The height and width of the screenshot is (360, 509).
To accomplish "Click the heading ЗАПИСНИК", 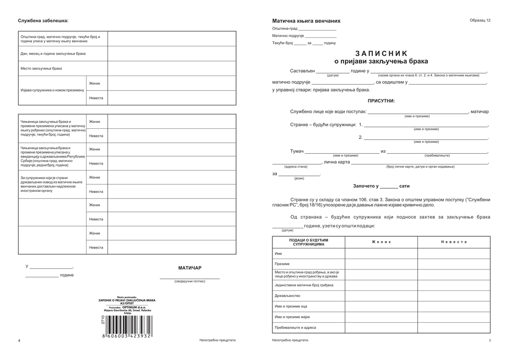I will coord(381,53).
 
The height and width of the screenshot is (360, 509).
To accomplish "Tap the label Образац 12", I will coord(480,20).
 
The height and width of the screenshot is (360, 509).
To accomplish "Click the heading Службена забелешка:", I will coord(43,20).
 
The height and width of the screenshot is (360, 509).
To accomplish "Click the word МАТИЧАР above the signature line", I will coord(190,268).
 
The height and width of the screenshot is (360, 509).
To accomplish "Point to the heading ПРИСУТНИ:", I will coord(381,101).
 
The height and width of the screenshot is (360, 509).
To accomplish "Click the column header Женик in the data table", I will coord(381,242).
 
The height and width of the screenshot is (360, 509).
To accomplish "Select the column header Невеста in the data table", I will coord(454,242).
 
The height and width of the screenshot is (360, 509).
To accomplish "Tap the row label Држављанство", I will coord(287,296).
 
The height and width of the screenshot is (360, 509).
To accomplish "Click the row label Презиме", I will coord(282,264).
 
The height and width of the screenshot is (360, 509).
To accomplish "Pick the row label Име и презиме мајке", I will coord(292,317).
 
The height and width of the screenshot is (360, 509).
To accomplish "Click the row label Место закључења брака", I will coord(41,68).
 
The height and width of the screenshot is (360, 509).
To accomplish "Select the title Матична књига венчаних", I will coord(306,21).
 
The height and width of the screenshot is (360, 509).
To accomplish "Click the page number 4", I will coord(19,341).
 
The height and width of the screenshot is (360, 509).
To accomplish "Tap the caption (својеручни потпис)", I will coord(189,281).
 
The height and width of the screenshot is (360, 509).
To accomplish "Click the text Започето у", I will coord(366,186).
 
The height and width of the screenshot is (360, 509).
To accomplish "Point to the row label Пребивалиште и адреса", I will coord(295,328).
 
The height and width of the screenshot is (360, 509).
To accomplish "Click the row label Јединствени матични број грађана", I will coord(304,285).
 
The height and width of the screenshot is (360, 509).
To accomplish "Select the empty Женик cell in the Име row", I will coord(381,254).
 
